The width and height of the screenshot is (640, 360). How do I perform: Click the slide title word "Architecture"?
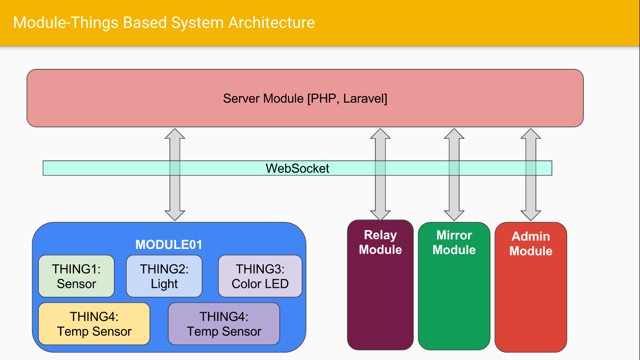tap(271, 22)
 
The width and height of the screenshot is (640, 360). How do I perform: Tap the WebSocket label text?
tap(298, 168)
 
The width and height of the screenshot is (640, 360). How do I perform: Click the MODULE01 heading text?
tap(169, 245)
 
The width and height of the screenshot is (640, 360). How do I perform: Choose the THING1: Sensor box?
tap(76, 276)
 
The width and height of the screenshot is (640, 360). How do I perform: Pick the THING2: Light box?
tap(164, 276)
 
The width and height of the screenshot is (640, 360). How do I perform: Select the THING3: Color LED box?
tap(260, 276)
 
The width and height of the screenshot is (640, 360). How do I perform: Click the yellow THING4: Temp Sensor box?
tap(94, 324)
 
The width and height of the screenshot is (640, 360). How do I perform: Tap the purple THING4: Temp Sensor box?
tap(224, 324)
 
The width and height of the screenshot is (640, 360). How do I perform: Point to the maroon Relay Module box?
tap(380, 300)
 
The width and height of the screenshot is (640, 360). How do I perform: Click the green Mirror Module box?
tap(454, 300)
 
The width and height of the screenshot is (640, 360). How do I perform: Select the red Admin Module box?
tap(530, 300)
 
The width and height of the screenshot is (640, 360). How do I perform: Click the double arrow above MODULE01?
tap(175, 197)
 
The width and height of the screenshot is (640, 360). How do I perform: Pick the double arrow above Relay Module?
tap(380, 197)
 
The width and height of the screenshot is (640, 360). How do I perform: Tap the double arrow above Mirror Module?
tap(454, 197)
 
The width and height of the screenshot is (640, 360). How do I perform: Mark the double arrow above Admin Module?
tap(531, 197)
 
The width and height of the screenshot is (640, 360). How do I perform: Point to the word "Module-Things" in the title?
tap(66, 22)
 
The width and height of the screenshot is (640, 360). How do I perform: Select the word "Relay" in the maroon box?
tap(380, 235)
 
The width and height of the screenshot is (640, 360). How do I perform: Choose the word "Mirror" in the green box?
tap(454, 235)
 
